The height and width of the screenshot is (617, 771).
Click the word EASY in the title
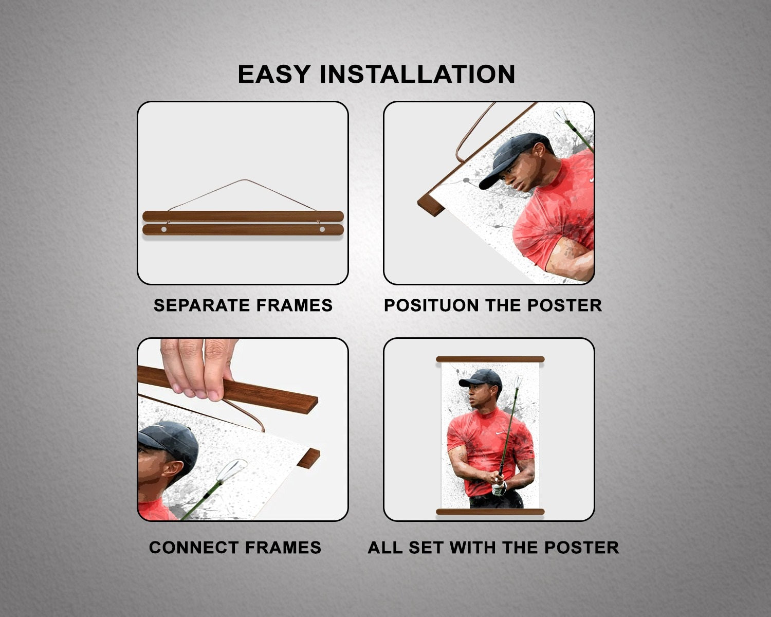[x=274, y=74]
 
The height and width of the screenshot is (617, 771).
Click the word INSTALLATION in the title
[x=417, y=74]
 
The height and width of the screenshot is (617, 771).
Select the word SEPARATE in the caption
[x=201, y=305]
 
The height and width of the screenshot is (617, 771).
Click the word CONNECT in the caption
[x=193, y=548]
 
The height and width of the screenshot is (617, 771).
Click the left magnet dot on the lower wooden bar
[x=164, y=229]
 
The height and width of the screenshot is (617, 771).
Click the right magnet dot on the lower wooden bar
[x=322, y=229]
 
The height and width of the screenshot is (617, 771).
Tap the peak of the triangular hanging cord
[x=245, y=180]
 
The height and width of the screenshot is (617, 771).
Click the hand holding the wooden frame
[x=198, y=368]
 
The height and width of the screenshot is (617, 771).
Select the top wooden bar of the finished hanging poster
[x=490, y=359]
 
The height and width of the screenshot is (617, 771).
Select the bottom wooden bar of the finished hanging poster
[x=490, y=512]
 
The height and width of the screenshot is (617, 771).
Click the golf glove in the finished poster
[x=499, y=487]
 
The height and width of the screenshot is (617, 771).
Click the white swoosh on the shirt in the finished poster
[x=500, y=433]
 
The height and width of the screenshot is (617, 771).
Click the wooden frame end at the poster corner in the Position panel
[x=431, y=208]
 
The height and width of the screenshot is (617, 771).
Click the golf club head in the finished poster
[x=518, y=382]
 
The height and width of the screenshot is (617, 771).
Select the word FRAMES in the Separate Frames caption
[x=295, y=305]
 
